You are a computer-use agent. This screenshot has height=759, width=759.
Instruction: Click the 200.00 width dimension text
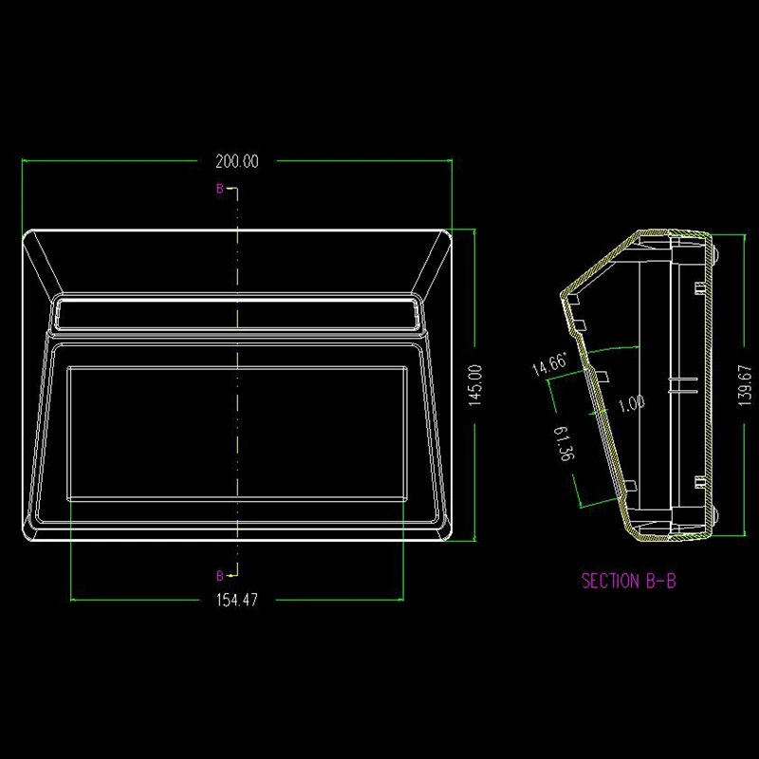click(x=237, y=161)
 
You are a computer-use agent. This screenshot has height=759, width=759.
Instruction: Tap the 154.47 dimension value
click(x=238, y=600)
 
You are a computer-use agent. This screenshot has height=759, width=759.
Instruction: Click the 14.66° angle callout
click(x=549, y=364)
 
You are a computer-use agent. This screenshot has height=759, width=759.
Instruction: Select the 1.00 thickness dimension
click(x=631, y=403)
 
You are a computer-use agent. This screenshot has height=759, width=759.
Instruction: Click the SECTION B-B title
click(x=629, y=581)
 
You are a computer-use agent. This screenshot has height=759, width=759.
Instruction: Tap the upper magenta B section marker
click(x=219, y=190)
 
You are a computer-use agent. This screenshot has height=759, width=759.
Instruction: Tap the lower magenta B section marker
click(x=219, y=575)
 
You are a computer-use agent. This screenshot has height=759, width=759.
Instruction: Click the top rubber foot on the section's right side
click(x=714, y=255)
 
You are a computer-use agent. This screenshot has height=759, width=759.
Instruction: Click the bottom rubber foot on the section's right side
click(x=714, y=517)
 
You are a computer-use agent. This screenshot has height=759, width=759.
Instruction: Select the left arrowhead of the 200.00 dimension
click(x=27, y=161)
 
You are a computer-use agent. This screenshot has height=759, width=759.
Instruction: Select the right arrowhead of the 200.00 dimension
click(x=448, y=161)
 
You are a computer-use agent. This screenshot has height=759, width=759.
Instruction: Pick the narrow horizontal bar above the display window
click(x=236, y=310)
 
